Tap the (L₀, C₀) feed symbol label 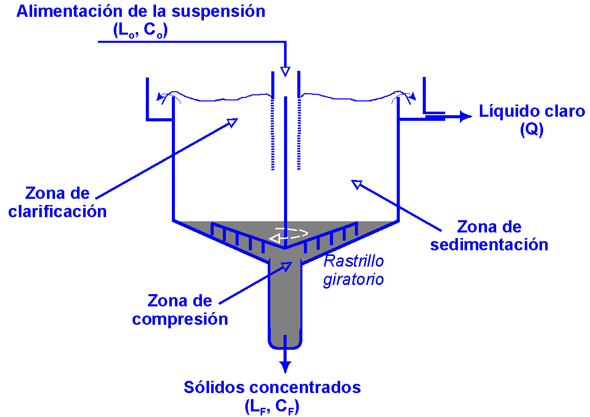(140, 30)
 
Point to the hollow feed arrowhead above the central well (285, 70)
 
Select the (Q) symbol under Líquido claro (531, 130)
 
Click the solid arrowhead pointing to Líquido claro (465, 117)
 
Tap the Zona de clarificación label (58, 202)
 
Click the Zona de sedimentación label (489, 236)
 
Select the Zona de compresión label (179, 310)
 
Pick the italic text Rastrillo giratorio (353, 270)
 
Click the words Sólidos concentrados (272, 387)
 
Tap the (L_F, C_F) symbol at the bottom (272, 406)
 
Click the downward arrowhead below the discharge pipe (285, 367)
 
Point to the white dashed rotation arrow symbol (289, 235)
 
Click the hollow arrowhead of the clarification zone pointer (233, 122)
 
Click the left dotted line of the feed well (273, 135)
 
